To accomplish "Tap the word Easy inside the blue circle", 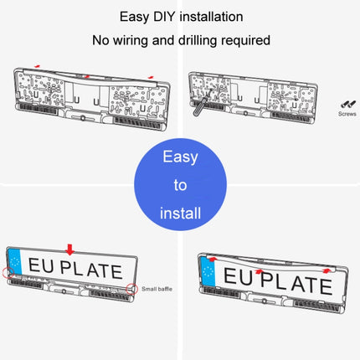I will pos(180,157).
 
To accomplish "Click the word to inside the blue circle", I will pos(180,185).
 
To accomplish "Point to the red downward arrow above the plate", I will pos(69,249).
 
